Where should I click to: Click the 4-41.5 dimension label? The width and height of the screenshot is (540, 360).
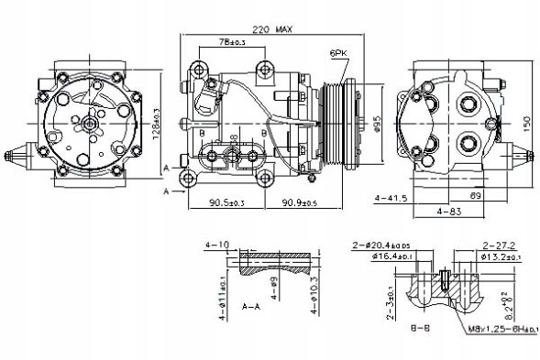[391, 197]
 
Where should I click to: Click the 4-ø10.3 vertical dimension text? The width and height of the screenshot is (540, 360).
[314, 295]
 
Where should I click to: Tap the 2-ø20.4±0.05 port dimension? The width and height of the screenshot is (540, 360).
[383, 246]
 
